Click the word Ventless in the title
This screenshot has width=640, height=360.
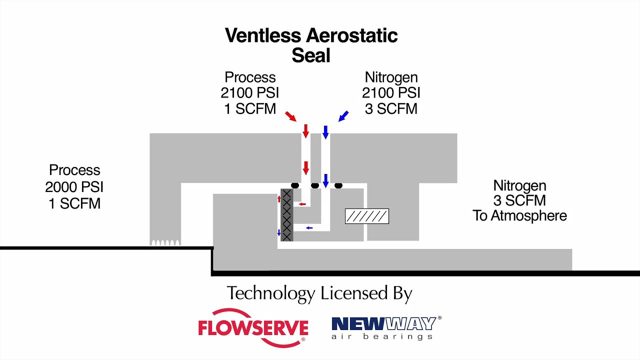click(263, 35)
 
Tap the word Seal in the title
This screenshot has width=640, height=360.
click(311, 55)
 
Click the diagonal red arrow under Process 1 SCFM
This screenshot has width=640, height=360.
click(291, 116)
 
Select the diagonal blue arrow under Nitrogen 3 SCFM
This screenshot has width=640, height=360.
click(343, 116)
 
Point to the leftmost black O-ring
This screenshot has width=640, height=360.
click(295, 185)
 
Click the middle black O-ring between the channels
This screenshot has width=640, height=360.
click(315, 185)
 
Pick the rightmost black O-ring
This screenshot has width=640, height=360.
click(338, 185)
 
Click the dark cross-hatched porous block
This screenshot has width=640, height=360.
click(287, 215)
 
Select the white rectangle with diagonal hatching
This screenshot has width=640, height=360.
click(367, 216)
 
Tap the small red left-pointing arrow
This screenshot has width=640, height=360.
click(302, 204)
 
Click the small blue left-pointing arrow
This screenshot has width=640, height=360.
click(309, 227)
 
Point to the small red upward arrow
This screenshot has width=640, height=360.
click(279, 199)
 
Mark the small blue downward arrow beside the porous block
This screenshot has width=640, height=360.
click(279, 232)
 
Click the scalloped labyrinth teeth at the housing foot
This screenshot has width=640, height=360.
click(165, 242)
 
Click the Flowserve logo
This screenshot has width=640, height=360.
click(253, 327)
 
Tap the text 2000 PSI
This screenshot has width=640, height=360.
click(74, 187)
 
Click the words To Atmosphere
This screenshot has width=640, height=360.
click(519, 215)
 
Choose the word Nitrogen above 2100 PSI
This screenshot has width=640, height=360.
click(391, 77)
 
